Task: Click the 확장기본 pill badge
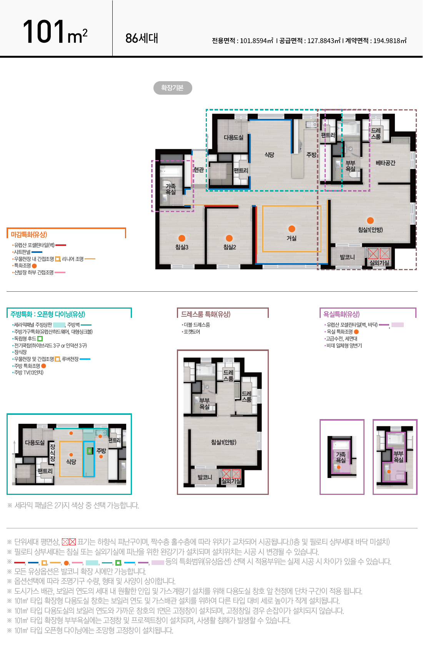tap(173, 88)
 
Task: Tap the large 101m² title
tap(55, 32)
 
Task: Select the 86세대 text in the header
tap(142, 38)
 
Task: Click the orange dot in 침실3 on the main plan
tap(182, 238)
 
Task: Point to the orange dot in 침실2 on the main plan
tap(229, 238)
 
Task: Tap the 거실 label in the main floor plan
tap(291, 238)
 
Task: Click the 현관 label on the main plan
tap(199, 170)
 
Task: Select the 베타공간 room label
tap(385, 163)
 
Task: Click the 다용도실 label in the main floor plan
tap(233, 137)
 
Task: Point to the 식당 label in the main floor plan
tap(269, 155)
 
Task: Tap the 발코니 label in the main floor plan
tap(347, 257)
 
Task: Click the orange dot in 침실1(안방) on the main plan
tap(370, 221)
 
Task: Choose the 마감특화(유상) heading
tap(29, 234)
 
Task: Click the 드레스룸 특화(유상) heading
tap(206, 314)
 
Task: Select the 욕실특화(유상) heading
tap(341, 314)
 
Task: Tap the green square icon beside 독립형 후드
tap(40, 339)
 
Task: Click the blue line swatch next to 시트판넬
tap(37, 252)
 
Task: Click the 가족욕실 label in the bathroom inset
tap(341, 457)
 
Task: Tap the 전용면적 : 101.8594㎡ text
tap(242, 41)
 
